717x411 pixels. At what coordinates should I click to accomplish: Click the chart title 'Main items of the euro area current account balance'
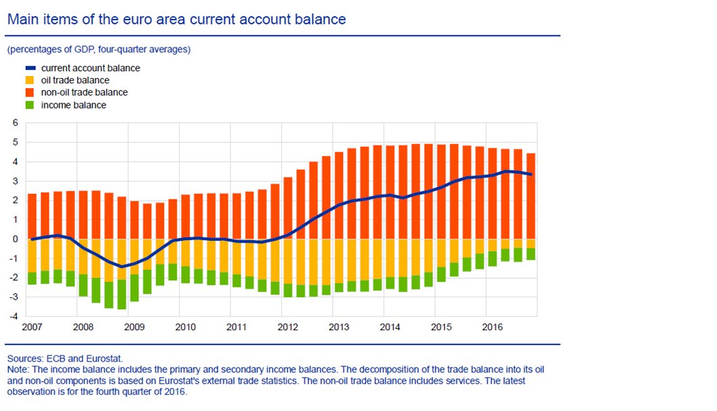[176, 19]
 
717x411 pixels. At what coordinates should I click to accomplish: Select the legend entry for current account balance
[90, 68]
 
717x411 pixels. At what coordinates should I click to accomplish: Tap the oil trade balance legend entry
[75, 80]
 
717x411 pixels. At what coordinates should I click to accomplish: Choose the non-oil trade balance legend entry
[84, 92]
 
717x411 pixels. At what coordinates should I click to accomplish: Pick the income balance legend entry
[73, 104]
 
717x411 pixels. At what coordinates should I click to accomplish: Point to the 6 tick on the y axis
[14, 123]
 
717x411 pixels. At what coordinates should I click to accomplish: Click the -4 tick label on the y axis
[13, 316]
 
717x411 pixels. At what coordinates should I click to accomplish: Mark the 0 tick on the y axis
[14, 239]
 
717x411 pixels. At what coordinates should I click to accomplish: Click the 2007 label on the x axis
[32, 328]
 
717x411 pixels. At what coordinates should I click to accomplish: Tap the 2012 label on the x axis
[288, 328]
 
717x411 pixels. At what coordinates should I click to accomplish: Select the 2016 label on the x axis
[493, 328]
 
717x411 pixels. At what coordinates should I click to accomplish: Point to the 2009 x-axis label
[134, 328]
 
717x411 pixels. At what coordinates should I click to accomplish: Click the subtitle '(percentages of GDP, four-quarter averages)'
[99, 50]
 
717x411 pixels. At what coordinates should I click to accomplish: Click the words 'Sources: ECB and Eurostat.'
[60, 357]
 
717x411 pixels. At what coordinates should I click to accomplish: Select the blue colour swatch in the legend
[30, 68]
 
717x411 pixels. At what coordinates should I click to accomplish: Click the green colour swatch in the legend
[30, 104]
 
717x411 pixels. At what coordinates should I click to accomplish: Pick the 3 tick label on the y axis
[14, 180]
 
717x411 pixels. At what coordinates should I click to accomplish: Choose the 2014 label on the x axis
[390, 328]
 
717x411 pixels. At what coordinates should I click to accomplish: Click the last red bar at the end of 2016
[531, 196]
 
